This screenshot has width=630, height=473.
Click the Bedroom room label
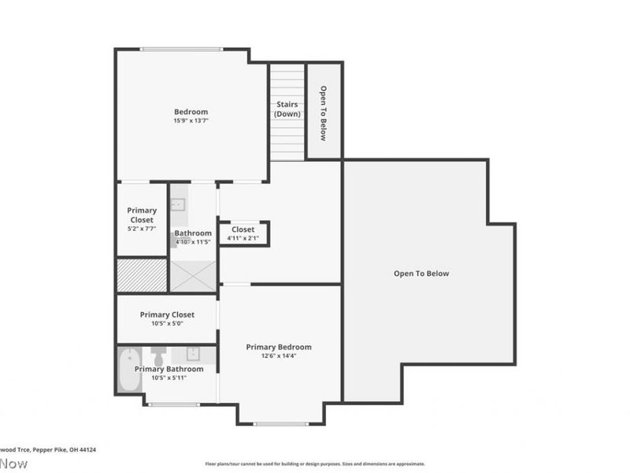click(x=191, y=111)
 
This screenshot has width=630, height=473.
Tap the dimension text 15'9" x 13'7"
click(x=191, y=121)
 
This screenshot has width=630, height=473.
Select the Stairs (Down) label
click(x=287, y=110)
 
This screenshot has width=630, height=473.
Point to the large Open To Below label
click(x=421, y=274)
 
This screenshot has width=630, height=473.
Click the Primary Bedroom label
click(x=279, y=347)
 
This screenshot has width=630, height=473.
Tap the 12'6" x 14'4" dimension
click(x=279, y=356)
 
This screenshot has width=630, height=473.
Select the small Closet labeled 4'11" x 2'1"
click(x=243, y=233)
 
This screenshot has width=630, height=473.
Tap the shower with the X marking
click(x=193, y=275)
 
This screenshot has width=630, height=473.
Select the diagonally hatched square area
click(x=142, y=275)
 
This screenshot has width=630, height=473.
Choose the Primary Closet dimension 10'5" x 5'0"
click(x=167, y=323)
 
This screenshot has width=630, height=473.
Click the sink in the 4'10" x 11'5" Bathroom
click(x=178, y=205)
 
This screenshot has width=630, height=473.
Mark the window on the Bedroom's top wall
click(x=181, y=50)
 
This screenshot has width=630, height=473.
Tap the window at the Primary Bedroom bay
click(x=280, y=424)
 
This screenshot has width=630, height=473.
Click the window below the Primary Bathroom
click(x=174, y=404)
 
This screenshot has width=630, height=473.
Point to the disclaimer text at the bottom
click(x=315, y=464)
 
